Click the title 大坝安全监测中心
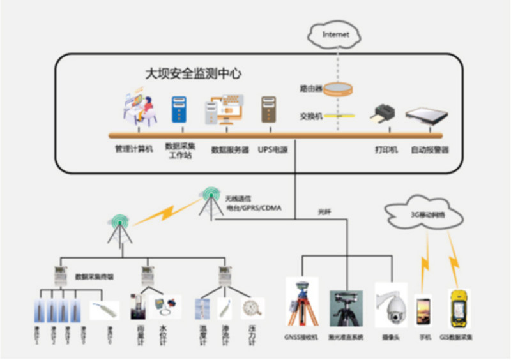pyautogui.click(x=193, y=73)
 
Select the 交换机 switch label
pyautogui.click(x=310, y=116)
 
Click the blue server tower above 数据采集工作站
pyautogui.click(x=179, y=109)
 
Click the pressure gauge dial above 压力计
pyautogui.click(x=252, y=308)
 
